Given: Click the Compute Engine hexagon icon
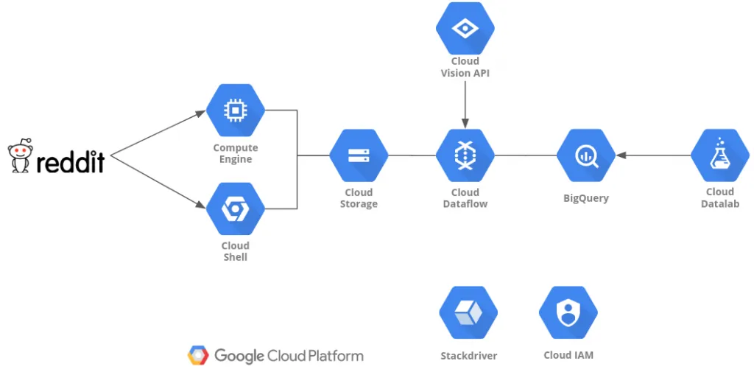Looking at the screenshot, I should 236,111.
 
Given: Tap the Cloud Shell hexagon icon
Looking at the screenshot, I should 236,208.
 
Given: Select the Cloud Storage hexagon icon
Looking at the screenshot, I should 359,155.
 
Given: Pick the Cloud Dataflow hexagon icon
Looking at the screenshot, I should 465,155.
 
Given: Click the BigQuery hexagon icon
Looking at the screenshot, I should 585,155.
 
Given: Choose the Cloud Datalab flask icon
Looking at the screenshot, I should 719,155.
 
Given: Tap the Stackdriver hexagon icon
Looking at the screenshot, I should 468,312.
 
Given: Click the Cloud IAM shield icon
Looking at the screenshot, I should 568,312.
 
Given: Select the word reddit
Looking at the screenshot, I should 70,161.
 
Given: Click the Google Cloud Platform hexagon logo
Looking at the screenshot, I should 198,356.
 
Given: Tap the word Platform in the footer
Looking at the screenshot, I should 334,356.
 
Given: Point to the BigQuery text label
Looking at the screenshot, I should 585,197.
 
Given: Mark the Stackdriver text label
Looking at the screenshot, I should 468,356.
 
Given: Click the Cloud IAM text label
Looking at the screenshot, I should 568,355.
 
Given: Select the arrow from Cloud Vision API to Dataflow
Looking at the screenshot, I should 465,103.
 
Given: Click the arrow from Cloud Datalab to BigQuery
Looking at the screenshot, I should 654,155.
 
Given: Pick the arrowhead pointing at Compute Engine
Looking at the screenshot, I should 201,113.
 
